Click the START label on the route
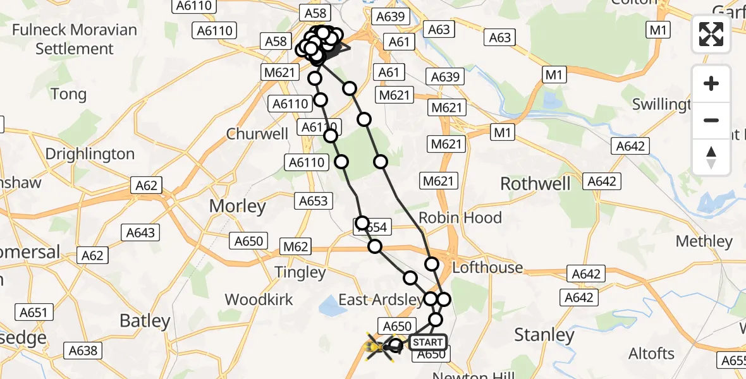tap(428, 342)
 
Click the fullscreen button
tap(711, 34)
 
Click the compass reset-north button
tap(711, 157)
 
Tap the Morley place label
tap(238, 206)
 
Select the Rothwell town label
tap(535, 184)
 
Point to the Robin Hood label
tap(460, 217)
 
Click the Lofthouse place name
tap(487, 267)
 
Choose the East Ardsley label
tap(381, 299)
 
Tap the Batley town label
tap(145, 321)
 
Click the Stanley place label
tap(544, 334)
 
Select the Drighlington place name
tap(90, 154)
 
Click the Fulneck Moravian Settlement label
tap(75, 39)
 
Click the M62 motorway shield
tap(295, 246)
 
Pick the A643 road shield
tap(140, 233)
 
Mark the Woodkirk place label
tap(259, 299)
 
